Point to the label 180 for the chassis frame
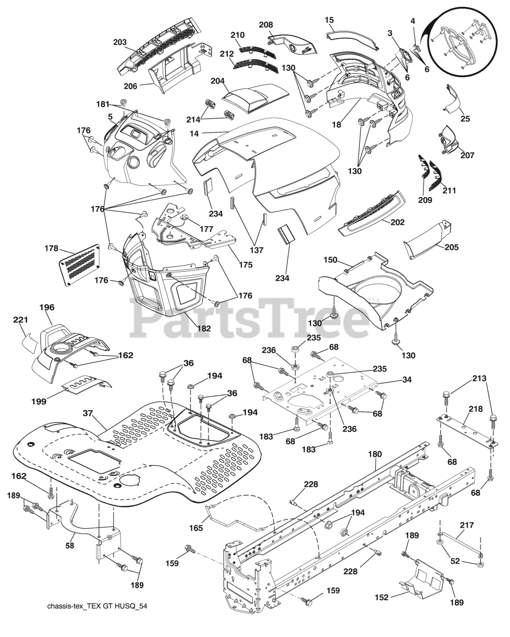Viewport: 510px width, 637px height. [375, 454]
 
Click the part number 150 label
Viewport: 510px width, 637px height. [331, 260]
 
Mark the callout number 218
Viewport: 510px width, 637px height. [475, 409]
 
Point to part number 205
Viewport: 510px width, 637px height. [451, 247]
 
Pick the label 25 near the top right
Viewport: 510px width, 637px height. [465, 118]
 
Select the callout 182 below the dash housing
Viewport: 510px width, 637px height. [204, 328]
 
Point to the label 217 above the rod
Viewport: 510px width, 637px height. [467, 525]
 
